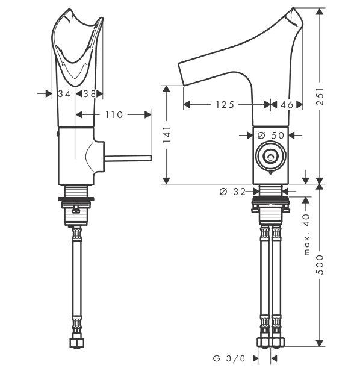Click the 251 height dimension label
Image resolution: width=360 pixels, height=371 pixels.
pyautogui.click(x=320, y=96)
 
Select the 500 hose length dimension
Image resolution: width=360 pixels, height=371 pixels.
pyautogui.click(x=320, y=264)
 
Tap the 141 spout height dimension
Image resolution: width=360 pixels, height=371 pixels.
pyautogui.click(x=166, y=134)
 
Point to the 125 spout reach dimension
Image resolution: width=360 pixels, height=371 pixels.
pyautogui.click(x=225, y=105)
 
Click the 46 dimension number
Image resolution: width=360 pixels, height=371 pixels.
pyautogui.click(x=287, y=105)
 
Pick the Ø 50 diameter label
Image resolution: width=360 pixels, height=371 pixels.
pyautogui.click(x=270, y=135)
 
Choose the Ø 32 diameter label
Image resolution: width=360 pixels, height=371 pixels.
pyautogui.click(x=232, y=192)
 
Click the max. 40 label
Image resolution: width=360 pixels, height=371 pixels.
pyautogui.click(x=306, y=234)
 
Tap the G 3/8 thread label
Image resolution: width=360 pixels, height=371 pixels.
pyautogui.click(x=229, y=358)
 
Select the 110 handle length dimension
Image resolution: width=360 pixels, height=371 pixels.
pyautogui.click(x=114, y=115)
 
